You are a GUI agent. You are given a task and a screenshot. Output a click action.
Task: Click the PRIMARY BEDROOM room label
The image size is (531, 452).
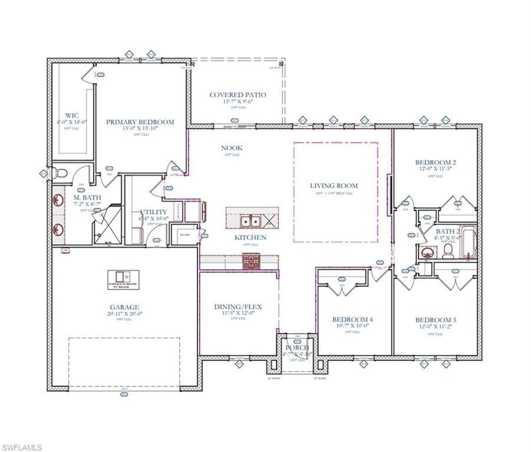(x=140, y=122)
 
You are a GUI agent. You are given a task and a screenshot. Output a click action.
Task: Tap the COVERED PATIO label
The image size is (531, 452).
(x=238, y=95)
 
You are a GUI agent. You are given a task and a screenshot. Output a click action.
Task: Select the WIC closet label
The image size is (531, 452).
(x=72, y=115)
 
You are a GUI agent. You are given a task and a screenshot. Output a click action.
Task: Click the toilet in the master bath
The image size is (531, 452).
(x=60, y=173)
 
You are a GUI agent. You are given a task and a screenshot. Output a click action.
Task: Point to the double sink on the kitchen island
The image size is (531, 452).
(x=250, y=221)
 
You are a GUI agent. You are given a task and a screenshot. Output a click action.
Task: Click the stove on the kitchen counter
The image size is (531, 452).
(x=250, y=261)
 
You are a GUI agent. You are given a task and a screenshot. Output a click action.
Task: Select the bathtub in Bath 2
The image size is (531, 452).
(x=469, y=242)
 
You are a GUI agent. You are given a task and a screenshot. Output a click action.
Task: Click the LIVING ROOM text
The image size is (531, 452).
(x=334, y=186)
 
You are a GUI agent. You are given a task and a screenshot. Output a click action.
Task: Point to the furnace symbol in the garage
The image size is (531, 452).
(x=123, y=276)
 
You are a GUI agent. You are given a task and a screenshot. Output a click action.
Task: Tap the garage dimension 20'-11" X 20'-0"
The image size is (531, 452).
(x=124, y=314)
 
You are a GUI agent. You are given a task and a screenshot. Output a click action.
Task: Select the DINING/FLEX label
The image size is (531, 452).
(x=238, y=307)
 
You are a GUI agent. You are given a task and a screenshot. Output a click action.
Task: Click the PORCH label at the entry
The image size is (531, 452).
(x=297, y=348)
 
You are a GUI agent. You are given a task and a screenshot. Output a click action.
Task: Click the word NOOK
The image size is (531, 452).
(x=232, y=148)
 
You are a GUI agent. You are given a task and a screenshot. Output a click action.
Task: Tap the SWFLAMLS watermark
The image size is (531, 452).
(x=22, y=447)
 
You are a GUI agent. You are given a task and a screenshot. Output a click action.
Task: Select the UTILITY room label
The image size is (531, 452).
(x=153, y=212)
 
